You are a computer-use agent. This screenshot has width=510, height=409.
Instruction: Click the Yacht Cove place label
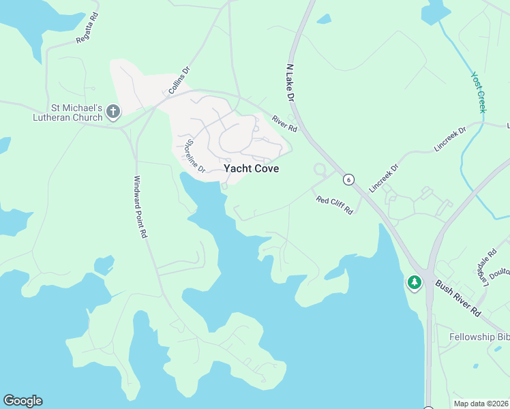[x=251, y=169]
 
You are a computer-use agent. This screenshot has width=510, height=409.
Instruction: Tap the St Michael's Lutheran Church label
[x=67, y=112]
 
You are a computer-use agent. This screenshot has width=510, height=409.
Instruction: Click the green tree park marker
[x=414, y=282]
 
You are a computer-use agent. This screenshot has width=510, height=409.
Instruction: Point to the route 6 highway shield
[x=348, y=179]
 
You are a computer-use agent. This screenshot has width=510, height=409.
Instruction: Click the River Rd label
[x=285, y=123]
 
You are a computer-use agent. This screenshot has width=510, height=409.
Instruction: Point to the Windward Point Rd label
[x=140, y=207]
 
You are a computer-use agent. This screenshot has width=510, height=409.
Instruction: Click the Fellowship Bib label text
[x=479, y=337]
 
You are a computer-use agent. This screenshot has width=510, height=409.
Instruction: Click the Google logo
[x=22, y=401]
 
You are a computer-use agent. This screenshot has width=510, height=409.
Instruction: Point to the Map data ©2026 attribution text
[x=481, y=404]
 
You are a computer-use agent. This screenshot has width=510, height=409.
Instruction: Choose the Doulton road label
[x=500, y=272]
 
